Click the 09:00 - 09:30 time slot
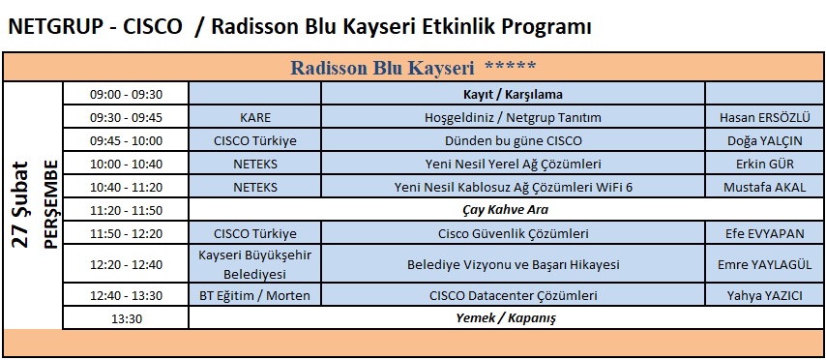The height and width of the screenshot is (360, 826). tap(126, 95)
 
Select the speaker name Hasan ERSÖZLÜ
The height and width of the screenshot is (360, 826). tap(764, 117)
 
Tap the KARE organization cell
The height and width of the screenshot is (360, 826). tap(255, 117)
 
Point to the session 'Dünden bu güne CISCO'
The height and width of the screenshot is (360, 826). tap(513, 140)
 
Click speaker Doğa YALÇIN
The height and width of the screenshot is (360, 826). tap(764, 140)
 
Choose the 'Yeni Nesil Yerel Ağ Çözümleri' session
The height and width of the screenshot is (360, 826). tap(513, 164)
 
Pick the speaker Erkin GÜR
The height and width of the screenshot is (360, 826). tap(764, 164)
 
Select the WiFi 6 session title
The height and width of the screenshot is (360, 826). tap(513, 187)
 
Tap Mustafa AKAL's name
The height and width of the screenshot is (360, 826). tap(764, 187)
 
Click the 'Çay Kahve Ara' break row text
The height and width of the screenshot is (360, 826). tap(505, 210)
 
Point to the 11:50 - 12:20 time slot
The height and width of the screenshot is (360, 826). tap(126, 233)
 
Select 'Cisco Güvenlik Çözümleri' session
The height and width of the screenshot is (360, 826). tap(513, 233)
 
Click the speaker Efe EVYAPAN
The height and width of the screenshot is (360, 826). tap(764, 233)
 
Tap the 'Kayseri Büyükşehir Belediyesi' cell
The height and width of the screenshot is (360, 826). tap(255, 264)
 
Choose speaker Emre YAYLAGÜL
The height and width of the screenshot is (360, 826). tap(764, 264)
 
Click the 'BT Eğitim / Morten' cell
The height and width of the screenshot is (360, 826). tap(255, 296)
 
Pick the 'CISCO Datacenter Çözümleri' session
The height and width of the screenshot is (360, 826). tap(513, 296)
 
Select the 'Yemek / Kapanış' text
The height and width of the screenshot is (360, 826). tap(505, 318)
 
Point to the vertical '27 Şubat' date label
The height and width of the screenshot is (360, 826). tap(20, 204)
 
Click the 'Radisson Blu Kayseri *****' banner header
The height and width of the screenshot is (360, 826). tap(413, 68)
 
